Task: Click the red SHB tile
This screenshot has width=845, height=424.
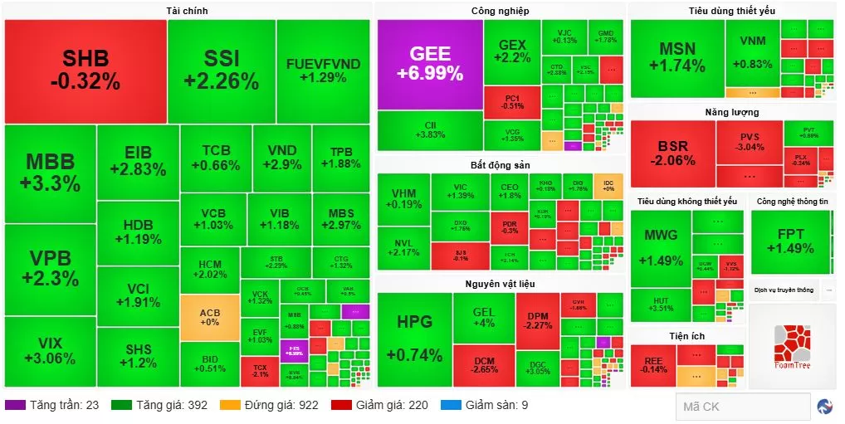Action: click(x=85, y=71)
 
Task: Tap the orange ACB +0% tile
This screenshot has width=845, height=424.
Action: click(x=209, y=317)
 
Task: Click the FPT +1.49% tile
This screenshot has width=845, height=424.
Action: click(x=790, y=241)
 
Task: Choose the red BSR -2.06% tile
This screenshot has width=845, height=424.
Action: click(x=672, y=154)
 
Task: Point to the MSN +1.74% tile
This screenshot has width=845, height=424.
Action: click(x=676, y=54)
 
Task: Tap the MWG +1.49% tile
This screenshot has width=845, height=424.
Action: click(x=661, y=247)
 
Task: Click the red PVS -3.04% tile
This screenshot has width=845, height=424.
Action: click(x=750, y=142)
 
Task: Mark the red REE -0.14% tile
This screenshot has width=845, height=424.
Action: click(x=652, y=365)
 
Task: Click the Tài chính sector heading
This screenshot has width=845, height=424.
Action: click(x=186, y=11)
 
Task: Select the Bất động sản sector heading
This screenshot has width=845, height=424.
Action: click(x=500, y=165)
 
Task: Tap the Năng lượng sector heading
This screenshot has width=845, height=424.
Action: click(x=731, y=112)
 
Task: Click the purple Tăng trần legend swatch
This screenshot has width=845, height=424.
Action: click(x=15, y=405)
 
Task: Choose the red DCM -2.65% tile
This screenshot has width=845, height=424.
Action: click(x=484, y=366)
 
